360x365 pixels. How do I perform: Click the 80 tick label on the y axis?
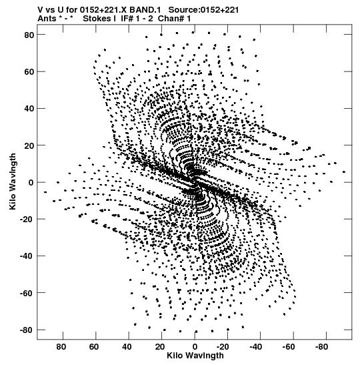point(29,35)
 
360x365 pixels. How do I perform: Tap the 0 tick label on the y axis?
point(31,183)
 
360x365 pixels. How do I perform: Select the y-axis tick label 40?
point(29,109)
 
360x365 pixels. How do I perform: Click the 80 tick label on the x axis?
point(61,347)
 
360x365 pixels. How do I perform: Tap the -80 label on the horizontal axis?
point(321,347)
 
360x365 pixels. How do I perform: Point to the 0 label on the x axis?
point(195,347)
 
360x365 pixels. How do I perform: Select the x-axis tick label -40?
point(256,347)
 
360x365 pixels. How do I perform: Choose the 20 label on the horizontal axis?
point(160,347)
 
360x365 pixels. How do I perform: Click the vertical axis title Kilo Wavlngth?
point(13,181)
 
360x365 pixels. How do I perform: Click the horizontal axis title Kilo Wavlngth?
point(195,356)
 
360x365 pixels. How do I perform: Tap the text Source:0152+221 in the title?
point(203,10)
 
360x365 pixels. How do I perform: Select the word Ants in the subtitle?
point(47,19)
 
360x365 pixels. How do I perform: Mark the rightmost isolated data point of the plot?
point(344,172)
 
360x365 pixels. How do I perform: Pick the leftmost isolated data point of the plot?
point(45,192)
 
